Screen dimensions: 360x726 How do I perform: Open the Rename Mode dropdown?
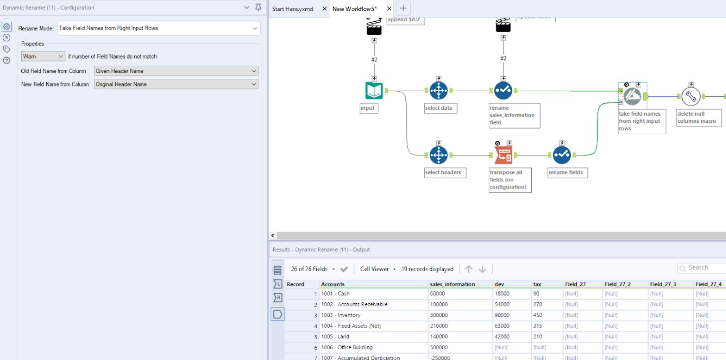point(159,28)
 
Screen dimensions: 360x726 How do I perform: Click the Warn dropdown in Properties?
point(43,56)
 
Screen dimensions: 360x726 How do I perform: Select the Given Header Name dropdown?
point(176,71)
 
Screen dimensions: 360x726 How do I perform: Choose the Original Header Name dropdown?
point(176,84)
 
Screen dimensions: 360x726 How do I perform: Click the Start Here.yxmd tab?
point(293,9)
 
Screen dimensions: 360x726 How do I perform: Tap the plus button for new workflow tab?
point(403,8)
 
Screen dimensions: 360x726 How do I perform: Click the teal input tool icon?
point(374,91)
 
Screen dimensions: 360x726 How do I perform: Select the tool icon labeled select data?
point(438,91)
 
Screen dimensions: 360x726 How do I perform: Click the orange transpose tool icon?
point(503,155)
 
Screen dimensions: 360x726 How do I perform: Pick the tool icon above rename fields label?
point(562,155)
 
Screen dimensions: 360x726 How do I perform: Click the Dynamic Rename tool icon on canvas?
point(632,96)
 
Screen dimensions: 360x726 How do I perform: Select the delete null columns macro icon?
point(691,96)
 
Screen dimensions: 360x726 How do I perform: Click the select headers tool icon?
point(438,155)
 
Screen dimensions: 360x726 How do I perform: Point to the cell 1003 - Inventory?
point(340,315)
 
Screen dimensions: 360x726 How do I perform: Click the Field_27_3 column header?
point(663,284)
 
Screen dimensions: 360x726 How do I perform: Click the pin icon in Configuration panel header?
point(258,8)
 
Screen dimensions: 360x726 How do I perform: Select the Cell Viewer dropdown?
point(378,269)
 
